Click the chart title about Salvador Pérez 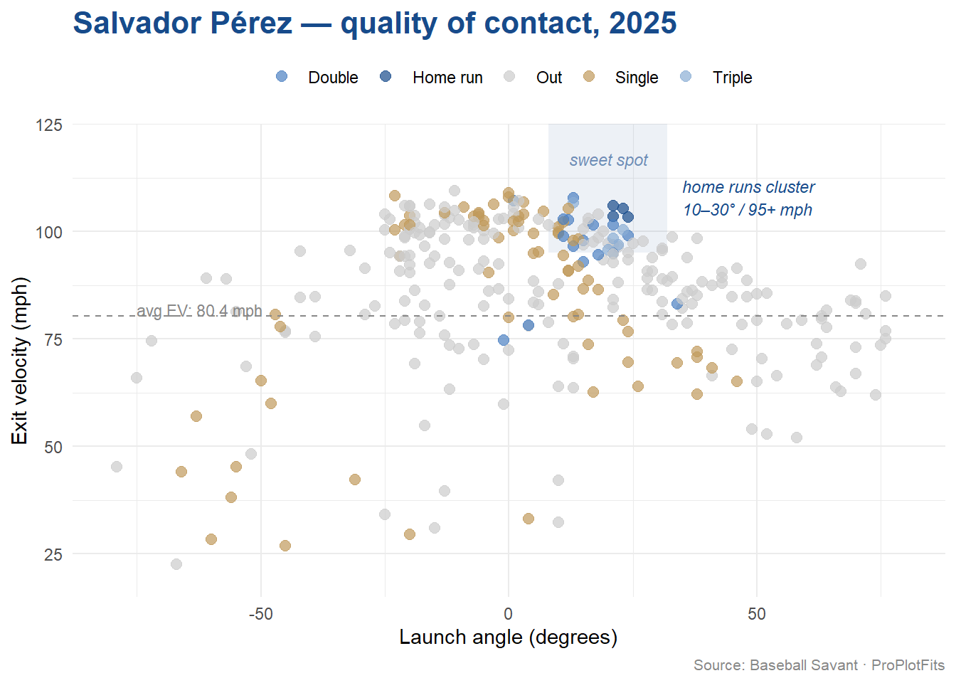[x=375, y=23]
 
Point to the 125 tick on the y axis [x=49, y=126]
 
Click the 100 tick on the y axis [x=49, y=233]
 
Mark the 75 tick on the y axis [x=53, y=340]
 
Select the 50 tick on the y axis [x=53, y=448]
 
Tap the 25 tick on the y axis [x=53, y=555]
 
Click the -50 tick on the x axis [x=260, y=614]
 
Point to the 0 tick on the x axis [x=508, y=614]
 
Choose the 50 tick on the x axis [x=756, y=614]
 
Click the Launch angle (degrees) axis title [x=508, y=637]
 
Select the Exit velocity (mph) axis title [x=20, y=361]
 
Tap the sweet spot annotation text [x=608, y=161]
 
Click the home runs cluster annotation [x=748, y=198]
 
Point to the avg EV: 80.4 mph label [x=199, y=311]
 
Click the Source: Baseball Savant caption [x=818, y=665]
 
